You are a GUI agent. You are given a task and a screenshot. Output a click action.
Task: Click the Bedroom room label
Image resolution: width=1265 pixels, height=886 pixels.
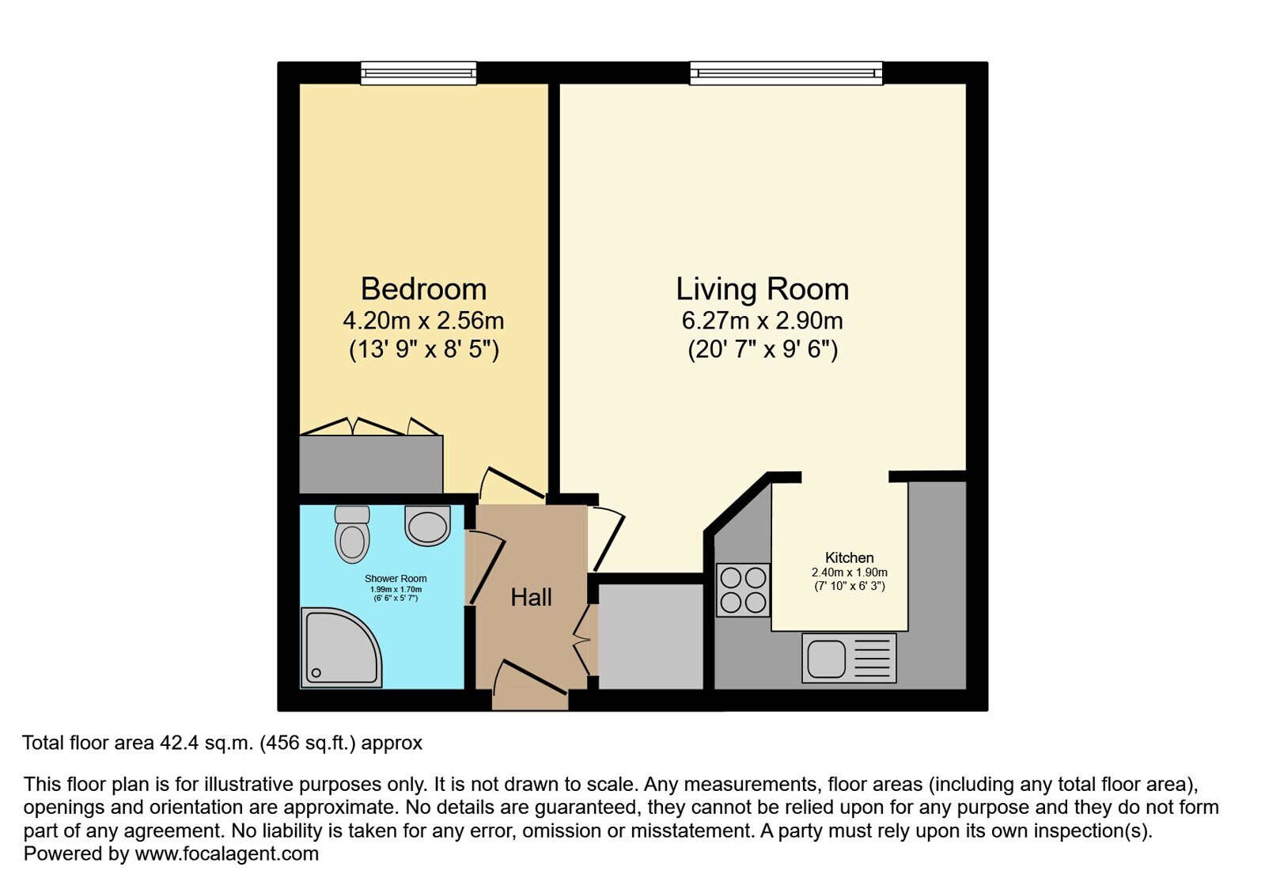423,289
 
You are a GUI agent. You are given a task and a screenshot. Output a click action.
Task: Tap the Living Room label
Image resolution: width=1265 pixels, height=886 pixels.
763,289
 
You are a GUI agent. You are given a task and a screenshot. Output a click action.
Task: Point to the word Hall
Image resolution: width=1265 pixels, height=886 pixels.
531,597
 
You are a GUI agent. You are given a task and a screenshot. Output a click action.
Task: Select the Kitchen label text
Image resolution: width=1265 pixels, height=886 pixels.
850,557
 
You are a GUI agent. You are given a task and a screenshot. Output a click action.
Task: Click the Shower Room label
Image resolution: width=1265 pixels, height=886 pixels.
396,579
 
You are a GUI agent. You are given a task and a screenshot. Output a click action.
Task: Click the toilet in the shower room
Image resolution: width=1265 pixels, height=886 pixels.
352,534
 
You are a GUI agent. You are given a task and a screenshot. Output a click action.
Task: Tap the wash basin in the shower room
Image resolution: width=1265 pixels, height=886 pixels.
427,525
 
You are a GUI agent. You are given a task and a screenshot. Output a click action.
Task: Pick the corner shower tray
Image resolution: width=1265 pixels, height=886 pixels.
340,648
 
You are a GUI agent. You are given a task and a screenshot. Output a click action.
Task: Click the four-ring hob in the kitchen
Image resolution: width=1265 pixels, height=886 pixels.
743,590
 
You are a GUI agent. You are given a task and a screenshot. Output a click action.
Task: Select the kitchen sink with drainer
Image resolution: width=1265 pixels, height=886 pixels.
849,658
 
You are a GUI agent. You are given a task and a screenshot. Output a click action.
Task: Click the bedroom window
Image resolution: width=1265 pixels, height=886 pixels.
419,74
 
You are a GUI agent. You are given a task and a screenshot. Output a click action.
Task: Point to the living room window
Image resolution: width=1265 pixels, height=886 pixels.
786,74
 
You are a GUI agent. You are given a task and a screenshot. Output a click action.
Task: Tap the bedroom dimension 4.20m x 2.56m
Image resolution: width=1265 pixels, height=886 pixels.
423,321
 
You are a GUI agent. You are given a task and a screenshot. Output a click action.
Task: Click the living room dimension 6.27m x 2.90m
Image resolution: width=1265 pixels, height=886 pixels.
763,321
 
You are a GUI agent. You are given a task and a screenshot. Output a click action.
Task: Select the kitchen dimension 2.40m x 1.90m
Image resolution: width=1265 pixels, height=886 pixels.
850,572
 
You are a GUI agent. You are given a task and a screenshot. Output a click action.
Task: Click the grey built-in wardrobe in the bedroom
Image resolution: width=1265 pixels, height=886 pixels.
370,464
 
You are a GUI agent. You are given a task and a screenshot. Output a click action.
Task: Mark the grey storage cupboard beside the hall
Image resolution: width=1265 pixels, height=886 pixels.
650,637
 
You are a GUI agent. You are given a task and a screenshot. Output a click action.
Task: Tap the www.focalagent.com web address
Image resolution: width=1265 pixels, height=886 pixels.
226,854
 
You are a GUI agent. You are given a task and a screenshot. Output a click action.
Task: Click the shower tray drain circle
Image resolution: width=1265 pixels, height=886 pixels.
316,673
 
